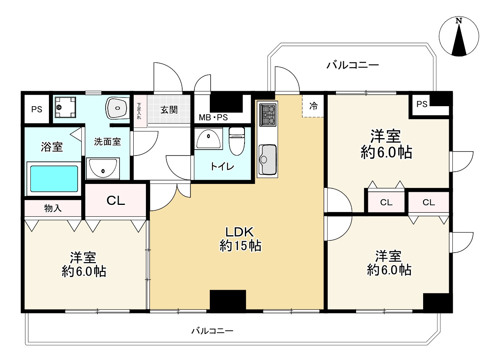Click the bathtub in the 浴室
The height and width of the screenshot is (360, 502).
click(x=54, y=178)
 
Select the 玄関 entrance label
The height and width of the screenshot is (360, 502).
click(x=169, y=110)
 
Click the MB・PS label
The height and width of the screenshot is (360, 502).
click(x=213, y=118)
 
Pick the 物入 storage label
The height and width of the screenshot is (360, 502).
click(x=53, y=208)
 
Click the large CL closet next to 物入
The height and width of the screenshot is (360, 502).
click(x=116, y=201)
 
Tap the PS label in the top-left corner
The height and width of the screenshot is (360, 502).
click(x=37, y=109)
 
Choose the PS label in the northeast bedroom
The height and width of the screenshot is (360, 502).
click(x=422, y=104)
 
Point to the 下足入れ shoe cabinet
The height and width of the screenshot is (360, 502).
click(x=140, y=111)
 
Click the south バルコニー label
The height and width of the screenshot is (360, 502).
click(x=213, y=331)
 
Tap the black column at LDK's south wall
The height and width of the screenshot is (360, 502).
click(x=228, y=301)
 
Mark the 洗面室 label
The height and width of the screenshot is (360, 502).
click(x=107, y=142)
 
